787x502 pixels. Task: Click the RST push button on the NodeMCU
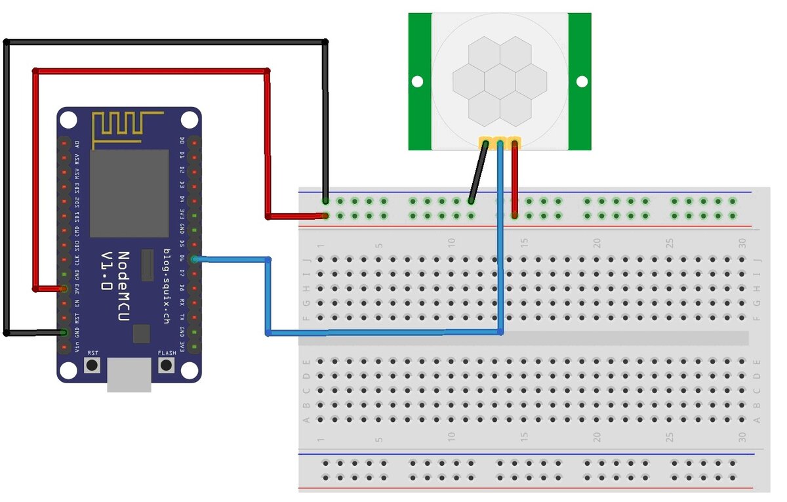click(93, 365)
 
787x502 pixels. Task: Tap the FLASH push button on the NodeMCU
click(167, 365)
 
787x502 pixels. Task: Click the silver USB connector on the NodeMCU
click(129, 375)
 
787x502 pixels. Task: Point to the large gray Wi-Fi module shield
click(129, 193)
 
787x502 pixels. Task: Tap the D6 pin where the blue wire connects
click(194, 260)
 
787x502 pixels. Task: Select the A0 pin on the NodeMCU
click(64, 144)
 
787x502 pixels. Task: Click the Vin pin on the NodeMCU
click(64, 346)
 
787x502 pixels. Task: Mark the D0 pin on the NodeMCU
click(194, 144)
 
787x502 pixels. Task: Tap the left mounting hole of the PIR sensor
click(416, 81)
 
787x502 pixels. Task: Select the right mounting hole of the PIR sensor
click(582, 81)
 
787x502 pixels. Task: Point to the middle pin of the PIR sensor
click(500, 142)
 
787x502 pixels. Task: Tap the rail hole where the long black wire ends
click(326, 201)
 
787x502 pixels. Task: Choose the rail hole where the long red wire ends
click(326, 215)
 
